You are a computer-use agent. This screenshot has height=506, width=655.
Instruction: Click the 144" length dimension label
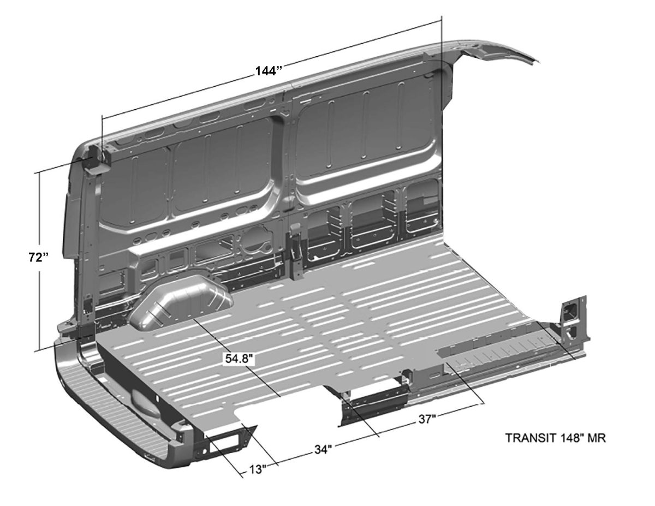[x=269, y=72]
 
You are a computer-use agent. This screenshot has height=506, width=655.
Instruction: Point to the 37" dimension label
[x=427, y=419]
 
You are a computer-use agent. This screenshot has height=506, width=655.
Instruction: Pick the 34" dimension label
[x=323, y=450]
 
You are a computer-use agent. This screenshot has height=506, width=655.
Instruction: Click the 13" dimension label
[x=258, y=469]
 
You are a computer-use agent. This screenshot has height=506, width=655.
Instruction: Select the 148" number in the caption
[x=570, y=438]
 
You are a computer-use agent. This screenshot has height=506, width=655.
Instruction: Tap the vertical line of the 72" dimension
[x=39, y=261]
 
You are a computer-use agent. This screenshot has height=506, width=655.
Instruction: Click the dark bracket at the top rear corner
[x=97, y=158]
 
